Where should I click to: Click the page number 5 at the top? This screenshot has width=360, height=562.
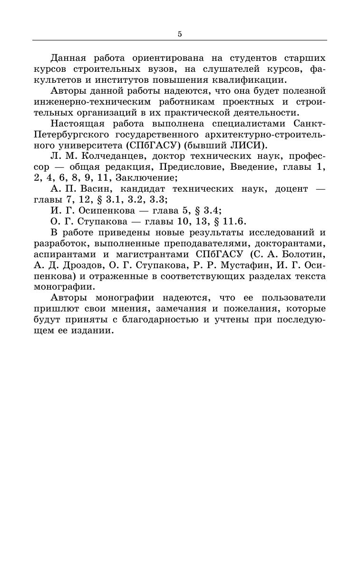tap(180, 34)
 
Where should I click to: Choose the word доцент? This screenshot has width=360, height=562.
tap(291, 189)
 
